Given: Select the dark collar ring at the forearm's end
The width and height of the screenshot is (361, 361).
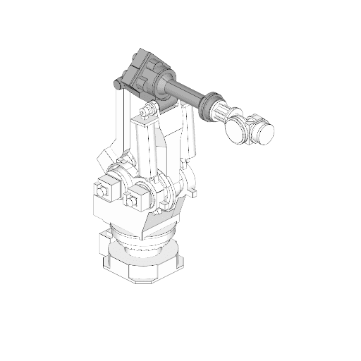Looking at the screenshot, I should click(211, 105).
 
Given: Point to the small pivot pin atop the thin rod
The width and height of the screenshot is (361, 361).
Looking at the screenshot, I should click(118, 85).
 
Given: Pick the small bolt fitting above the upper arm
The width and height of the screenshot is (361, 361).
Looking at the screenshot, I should click(147, 111).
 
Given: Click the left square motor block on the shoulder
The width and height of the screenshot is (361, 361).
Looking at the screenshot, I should click(104, 190).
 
